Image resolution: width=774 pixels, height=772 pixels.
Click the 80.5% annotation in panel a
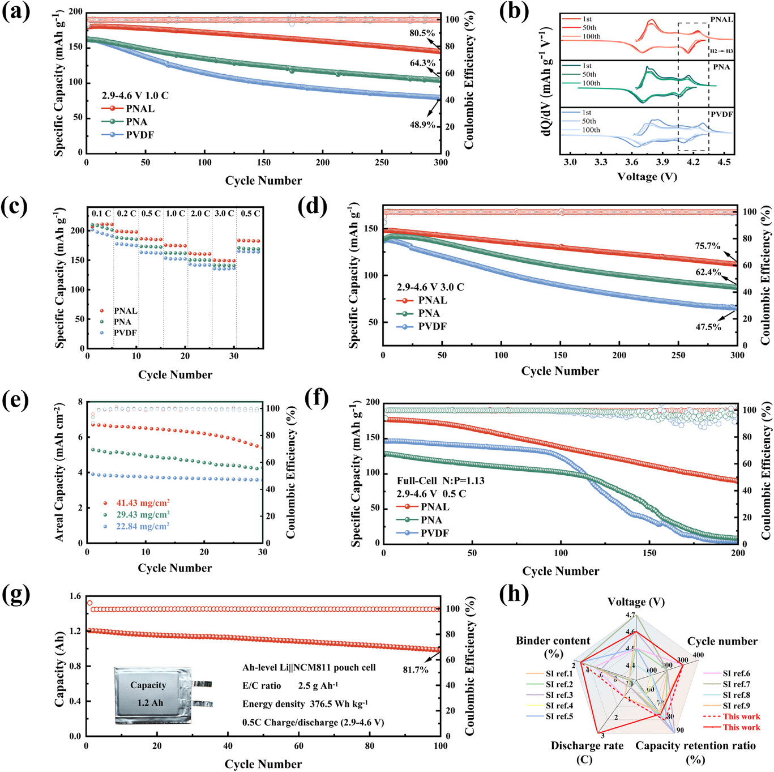point(422,33)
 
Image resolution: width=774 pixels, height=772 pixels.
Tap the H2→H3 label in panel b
point(721,52)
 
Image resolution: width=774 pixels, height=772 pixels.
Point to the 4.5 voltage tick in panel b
point(724,162)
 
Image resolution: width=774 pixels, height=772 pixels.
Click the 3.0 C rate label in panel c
point(224,214)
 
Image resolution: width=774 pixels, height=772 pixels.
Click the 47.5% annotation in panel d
point(708,327)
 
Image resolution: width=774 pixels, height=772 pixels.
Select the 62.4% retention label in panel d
point(708,272)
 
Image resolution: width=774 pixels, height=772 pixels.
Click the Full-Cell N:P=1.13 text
point(441,481)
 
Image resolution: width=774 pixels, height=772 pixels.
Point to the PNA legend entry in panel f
point(431,520)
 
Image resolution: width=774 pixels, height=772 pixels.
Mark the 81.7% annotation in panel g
point(416,670)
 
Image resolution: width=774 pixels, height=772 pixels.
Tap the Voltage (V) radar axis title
point(636,602)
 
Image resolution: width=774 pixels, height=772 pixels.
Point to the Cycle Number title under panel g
point(263,764)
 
